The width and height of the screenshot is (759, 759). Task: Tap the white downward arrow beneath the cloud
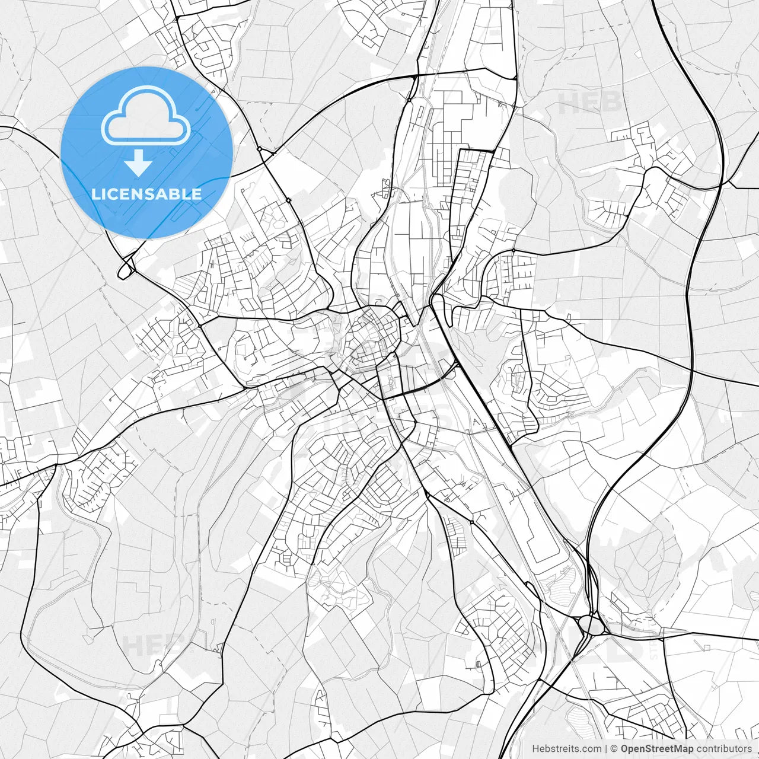tap(138, 162)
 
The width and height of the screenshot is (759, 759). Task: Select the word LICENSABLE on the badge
tap(146, 194)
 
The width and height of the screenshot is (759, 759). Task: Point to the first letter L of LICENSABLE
tap(95, 194)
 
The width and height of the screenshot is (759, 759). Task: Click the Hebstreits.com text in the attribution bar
tap(566, 749)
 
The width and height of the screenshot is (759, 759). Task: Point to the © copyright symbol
tap(614, 749)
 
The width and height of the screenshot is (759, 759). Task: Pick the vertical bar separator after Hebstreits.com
tap(606, 749)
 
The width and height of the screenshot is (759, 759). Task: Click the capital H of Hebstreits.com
tap(535, 749)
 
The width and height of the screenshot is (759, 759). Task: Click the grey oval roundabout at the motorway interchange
tap(591, 624)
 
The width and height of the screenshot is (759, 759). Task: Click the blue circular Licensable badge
tap(146, 152)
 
